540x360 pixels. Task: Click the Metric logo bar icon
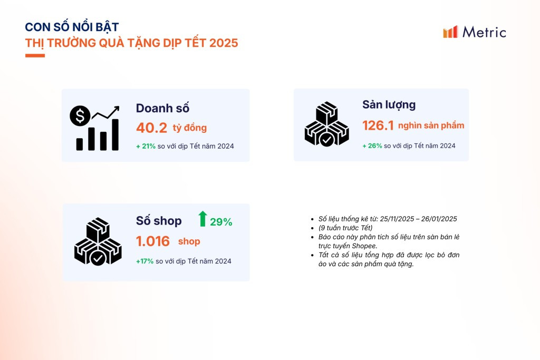450,32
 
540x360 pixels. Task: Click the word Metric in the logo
484,32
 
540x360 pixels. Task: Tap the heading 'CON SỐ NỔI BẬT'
72,26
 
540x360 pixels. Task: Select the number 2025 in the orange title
224,43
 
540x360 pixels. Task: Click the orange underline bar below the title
35,55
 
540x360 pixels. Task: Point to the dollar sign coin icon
80,115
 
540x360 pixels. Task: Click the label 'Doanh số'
162,108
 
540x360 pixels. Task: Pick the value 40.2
151,128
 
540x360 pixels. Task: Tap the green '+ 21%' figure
146,147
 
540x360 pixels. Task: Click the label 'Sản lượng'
389,105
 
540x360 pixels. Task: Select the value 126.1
378,125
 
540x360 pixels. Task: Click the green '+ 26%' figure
372,146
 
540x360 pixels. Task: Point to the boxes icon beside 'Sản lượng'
327,124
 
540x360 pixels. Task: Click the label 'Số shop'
159,221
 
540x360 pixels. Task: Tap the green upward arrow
203,219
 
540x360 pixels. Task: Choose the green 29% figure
221,222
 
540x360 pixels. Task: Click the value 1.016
153,241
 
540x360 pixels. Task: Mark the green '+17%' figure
144,261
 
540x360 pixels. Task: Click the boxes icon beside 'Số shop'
98,241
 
